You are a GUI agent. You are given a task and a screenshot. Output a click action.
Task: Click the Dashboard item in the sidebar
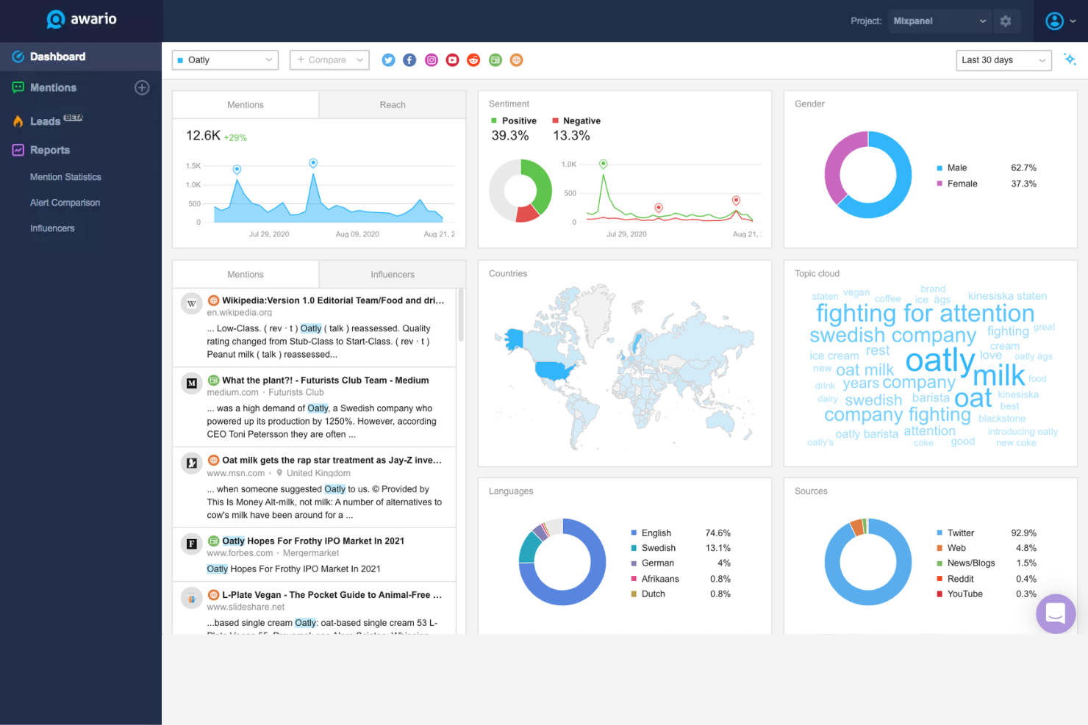57,57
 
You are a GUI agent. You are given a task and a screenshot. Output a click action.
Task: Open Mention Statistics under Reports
65,177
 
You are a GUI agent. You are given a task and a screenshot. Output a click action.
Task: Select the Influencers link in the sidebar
52,228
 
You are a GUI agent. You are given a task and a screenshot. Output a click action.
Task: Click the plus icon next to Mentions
142,87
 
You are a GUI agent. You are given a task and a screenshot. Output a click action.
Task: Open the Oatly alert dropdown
225,60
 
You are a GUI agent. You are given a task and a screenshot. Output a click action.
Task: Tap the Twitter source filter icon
388,60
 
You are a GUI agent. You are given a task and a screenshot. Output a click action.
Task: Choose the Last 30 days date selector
1003,60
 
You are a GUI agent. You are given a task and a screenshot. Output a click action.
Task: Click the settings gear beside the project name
1005,21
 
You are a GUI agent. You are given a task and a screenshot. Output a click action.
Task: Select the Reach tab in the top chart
392,105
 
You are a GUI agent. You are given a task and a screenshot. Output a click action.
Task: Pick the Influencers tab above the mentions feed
392,275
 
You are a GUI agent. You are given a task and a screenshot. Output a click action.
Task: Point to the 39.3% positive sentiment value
509,136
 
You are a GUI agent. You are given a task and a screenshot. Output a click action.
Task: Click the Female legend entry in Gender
962,184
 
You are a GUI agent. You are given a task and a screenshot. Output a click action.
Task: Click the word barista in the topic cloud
931,397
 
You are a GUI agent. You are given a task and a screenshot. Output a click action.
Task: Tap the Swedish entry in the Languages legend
658,548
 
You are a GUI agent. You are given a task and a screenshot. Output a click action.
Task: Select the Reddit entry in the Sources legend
960,579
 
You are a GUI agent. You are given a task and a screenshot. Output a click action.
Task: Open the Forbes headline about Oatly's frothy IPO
313,541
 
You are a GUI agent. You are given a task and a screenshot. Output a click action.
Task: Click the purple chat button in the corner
1056,613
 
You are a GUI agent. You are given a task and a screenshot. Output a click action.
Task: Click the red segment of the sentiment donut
526,214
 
